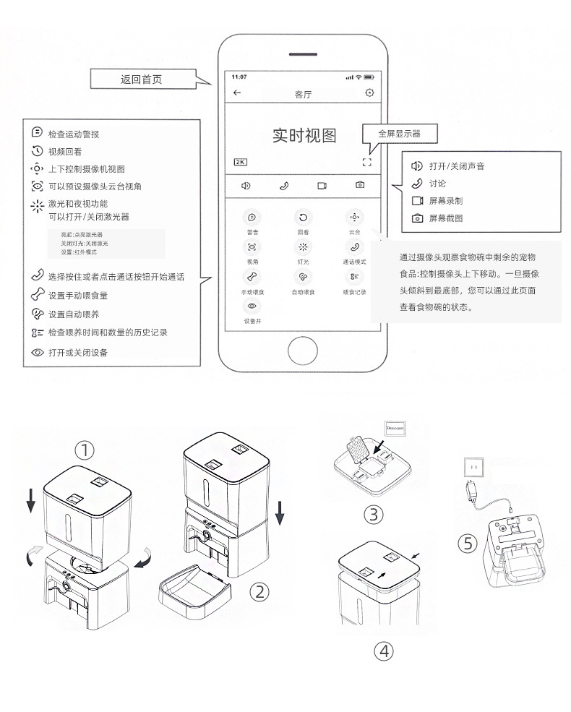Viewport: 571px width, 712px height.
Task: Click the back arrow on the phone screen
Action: point(237,93)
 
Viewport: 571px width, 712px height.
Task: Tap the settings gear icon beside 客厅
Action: point(369,93)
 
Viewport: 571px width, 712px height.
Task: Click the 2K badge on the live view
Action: point(241,162)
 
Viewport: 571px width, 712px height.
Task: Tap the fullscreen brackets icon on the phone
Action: point(367,162)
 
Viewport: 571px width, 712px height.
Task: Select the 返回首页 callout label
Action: point(142,79)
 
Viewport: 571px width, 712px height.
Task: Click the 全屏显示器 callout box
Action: point(399,134)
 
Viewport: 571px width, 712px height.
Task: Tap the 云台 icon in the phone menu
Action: point(354,217)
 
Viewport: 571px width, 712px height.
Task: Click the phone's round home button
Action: point(303,351)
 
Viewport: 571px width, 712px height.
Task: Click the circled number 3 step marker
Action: point(372,514)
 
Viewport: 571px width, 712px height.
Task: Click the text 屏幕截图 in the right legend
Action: point(446,218)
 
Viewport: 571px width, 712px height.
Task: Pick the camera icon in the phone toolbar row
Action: point(360,185)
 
